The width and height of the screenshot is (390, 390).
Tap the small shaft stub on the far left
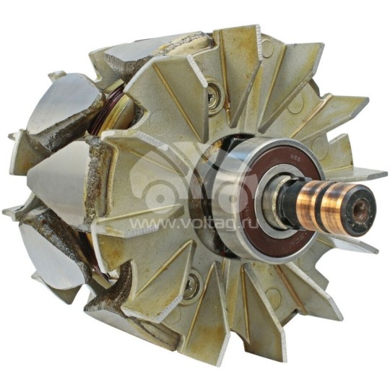[12, 136]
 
